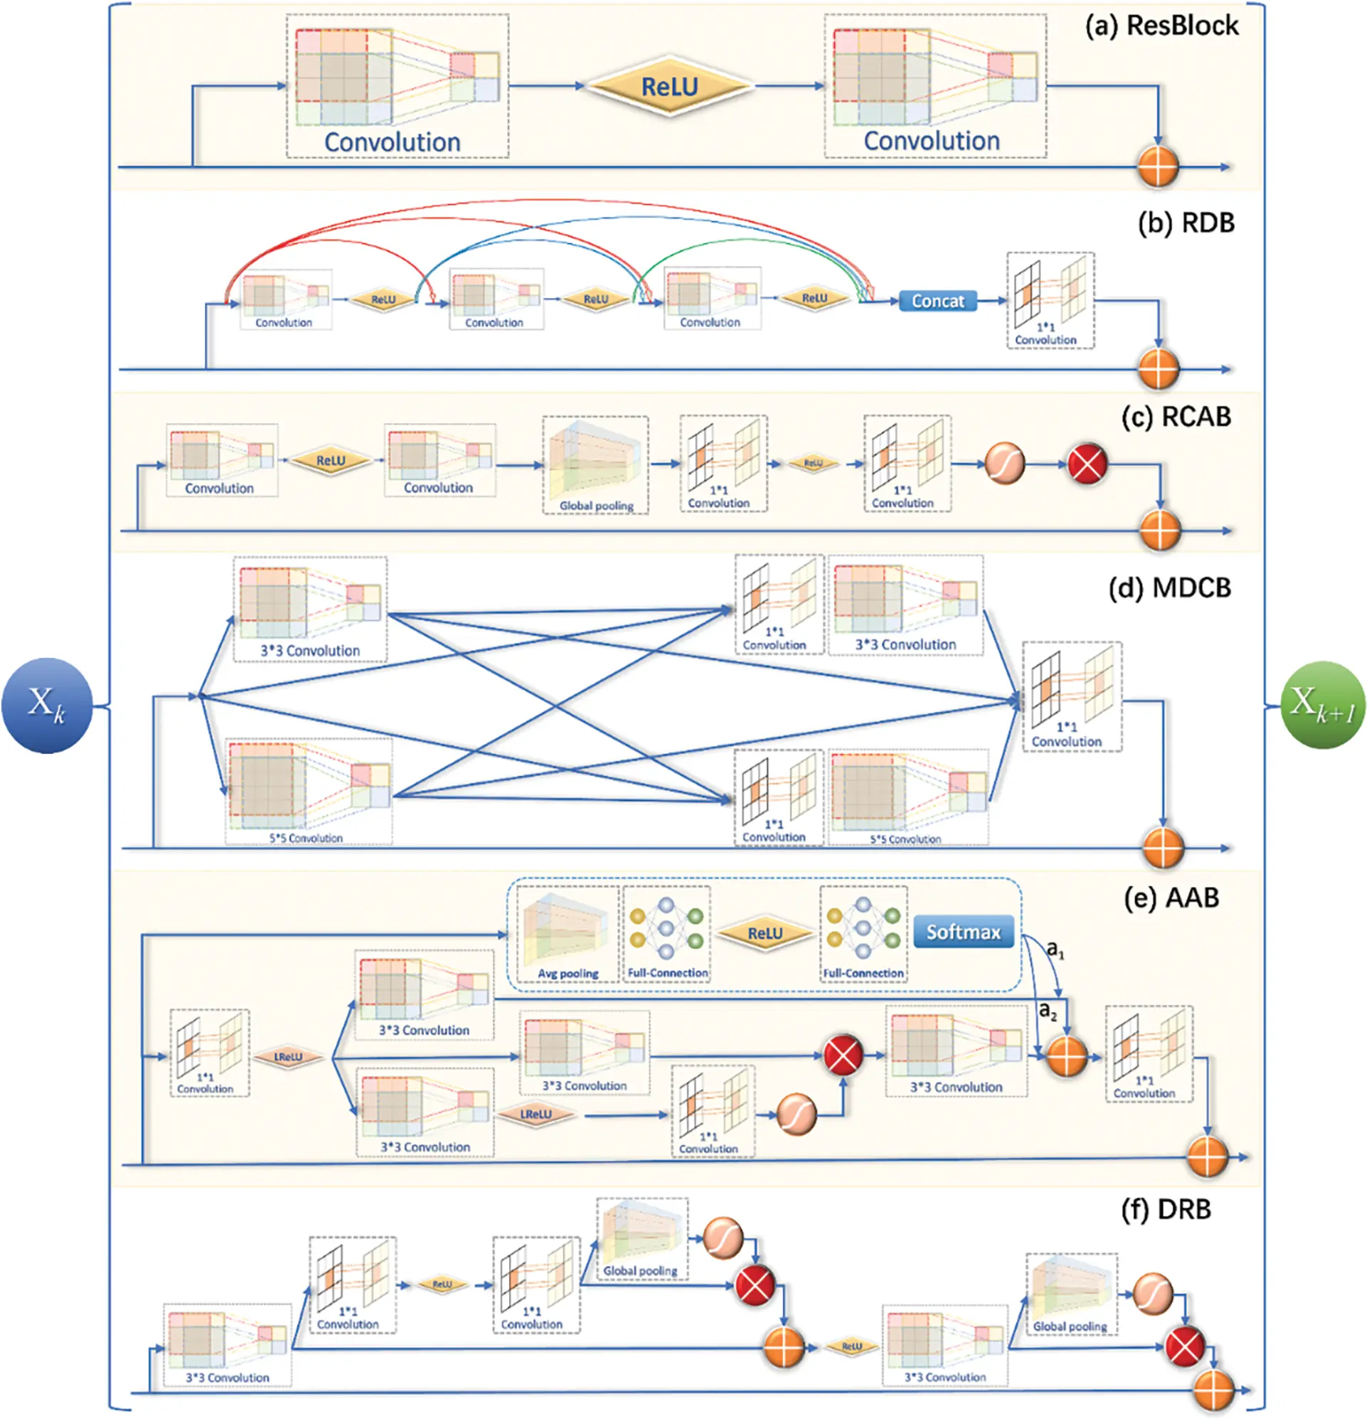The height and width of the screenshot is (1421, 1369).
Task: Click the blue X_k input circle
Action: click(46, 706)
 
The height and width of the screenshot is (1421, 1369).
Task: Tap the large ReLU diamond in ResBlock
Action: click(669, 87)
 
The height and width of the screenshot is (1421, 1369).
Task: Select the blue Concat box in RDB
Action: click(937, 301)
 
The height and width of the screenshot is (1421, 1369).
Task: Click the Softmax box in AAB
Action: click(963, 932)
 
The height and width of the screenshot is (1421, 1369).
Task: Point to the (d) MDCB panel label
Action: click(1169, 588)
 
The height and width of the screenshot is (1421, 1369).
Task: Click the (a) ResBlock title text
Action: click(1161, 26)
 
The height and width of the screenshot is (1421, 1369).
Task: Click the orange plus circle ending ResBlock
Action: click(1158, 166)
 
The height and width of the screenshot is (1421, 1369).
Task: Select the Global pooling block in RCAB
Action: click(595, 465)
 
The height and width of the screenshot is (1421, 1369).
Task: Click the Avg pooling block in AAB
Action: click(568, 935)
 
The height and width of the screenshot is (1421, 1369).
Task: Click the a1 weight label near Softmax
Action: click(1055, 949)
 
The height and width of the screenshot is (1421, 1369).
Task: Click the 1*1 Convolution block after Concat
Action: click(1050, 301)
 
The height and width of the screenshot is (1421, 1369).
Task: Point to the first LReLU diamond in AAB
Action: click(288, 1057)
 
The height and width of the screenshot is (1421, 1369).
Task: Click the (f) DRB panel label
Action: click(1166, 1209)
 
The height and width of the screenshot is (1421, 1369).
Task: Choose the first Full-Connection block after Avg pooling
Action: click(666, 935)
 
